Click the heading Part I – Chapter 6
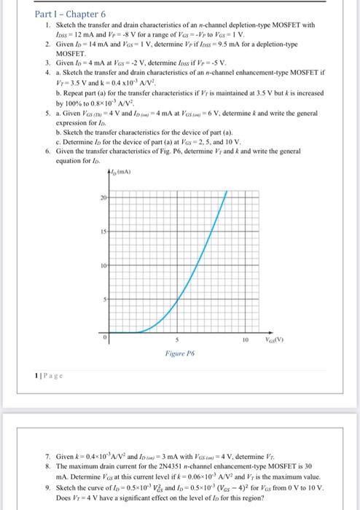point(70,14)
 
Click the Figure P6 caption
point(179,352)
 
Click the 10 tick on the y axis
point(105,264)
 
